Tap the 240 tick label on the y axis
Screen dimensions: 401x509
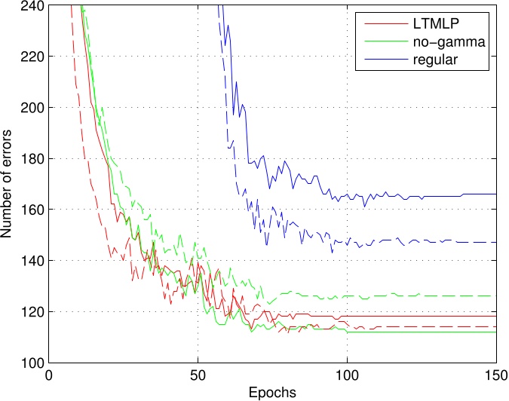tap(33, 6)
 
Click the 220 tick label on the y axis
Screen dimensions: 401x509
tap(33, 57)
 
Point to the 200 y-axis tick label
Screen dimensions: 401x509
tap(33, 108)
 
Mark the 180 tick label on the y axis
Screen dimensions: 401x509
tap(33, 159)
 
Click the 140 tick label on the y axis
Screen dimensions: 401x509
tap(33, 261)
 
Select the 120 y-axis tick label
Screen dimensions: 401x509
tap(33, 312)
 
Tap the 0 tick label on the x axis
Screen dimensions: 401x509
tap(49, 375)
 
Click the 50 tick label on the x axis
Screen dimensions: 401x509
tap(198, 375)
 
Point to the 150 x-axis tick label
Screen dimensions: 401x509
tap(495, 375)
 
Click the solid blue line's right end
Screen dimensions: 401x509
tap(496, 194)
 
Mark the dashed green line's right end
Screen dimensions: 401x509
tap(496, 296)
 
